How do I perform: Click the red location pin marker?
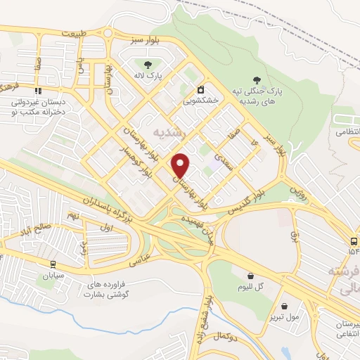click(x=181, y=165)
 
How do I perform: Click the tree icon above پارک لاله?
click(x=148, y=65)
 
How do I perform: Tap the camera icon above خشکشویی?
click(x=202, y=89)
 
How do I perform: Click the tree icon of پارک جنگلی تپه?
click(x=258, y=81)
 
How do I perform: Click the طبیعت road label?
click(x=75, y=33)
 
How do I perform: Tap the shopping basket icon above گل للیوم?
click(x=250, y=275)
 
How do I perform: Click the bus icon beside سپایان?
click(x=53, y=264)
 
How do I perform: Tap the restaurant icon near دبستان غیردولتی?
click(x=38, y=91)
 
